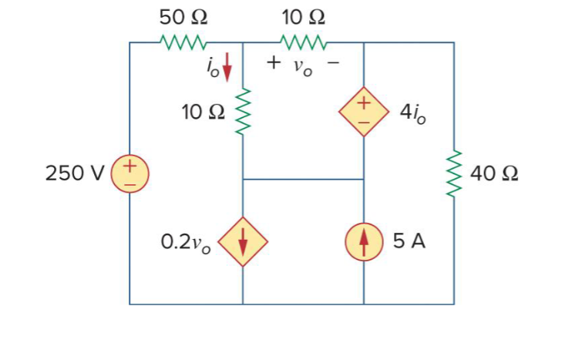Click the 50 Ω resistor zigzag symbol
click(x=182, y=42)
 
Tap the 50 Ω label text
click(x=182, y=15)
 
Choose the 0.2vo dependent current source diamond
click(x=243, y=242)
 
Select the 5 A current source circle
click(x=363, y=242)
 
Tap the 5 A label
click(x=409, y=241)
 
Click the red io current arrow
click(x=227, y=72)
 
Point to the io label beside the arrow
click(x=213, y=70)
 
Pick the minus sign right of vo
click(x=333, y=63)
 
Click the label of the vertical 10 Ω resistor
click(x=204, y=113)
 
